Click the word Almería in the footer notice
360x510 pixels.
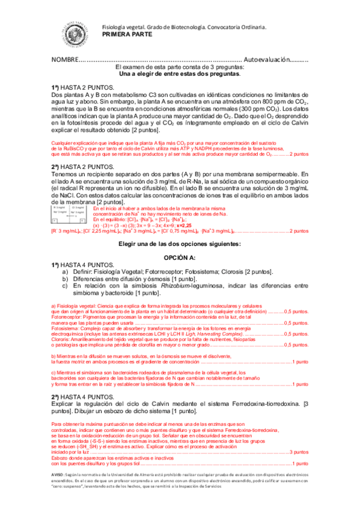pos(163,476)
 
